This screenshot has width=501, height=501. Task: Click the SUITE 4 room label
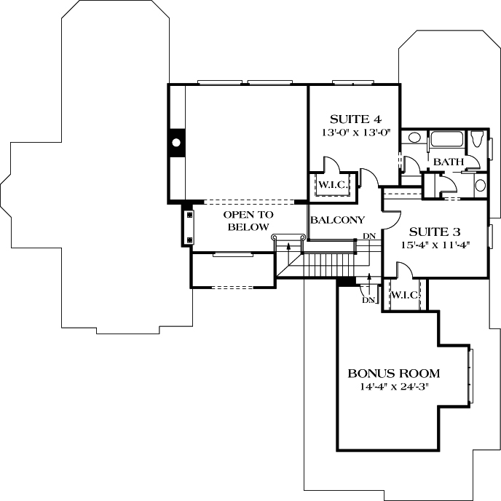[x=355, y=119]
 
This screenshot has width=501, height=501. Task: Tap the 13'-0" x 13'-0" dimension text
[x=355, y=133]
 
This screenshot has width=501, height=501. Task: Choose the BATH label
[x=448, y=162]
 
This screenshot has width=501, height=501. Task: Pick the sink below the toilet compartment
[x=481, y=184]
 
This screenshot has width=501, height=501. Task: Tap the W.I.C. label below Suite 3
[x=403, y=295]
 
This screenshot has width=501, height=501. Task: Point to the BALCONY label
[x=337, y=220]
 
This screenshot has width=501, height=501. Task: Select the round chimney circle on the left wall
[x=175, y=143]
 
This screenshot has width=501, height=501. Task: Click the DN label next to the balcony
[x=369, y=236]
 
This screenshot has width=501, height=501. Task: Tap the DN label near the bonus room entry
[x=367, y=300]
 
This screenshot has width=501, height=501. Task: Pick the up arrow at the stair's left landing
[x=290, y=248]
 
